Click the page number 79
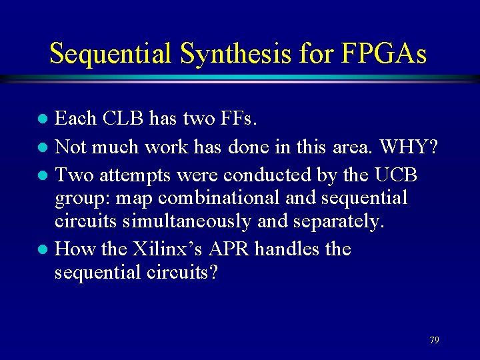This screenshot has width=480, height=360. [x=434, y=340]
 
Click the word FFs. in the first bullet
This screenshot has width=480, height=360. [x=237, y=119]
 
